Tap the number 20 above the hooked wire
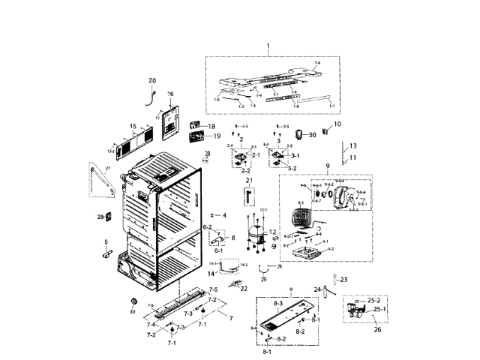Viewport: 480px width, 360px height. point(152,80)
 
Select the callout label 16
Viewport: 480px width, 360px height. point(169,94)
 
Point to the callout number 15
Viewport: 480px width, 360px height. point(133,126)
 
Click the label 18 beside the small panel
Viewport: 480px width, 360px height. point(211,126)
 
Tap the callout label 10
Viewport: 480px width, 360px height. point(337,123)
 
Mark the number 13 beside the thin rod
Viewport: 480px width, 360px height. point(353,145)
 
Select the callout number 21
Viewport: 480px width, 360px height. point(248,181)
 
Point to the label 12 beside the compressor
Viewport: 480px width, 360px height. point(273,232)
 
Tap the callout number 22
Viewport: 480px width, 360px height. point(244,289)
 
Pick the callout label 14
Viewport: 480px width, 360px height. point(211,274)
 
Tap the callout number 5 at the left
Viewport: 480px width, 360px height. point(106,241)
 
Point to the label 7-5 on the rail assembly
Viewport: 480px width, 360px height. point(213,289)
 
